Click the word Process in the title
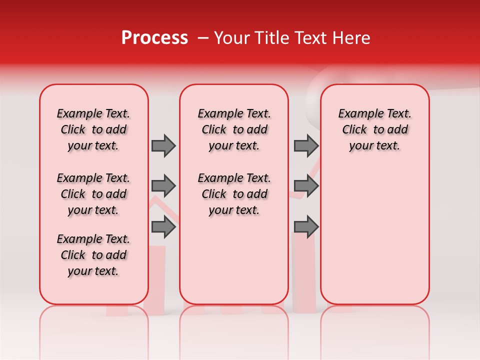(x=154, y=38)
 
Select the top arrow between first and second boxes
(x=163, y=145)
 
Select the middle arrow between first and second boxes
(x=163, y=186)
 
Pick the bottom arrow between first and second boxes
(x=163, y=227)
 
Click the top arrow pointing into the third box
(x=306, y=145)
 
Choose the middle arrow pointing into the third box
(x=306, y=186)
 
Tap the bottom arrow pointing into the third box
(x=306, y=227)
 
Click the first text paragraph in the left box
(x=93, y=129)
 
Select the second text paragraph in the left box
(x=93, y=194)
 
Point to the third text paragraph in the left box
(x=93, y=255)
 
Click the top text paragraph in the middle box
(x=234, y=129)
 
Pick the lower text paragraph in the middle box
(x=234, y=194)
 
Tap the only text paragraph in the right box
(x=374, y=129)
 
